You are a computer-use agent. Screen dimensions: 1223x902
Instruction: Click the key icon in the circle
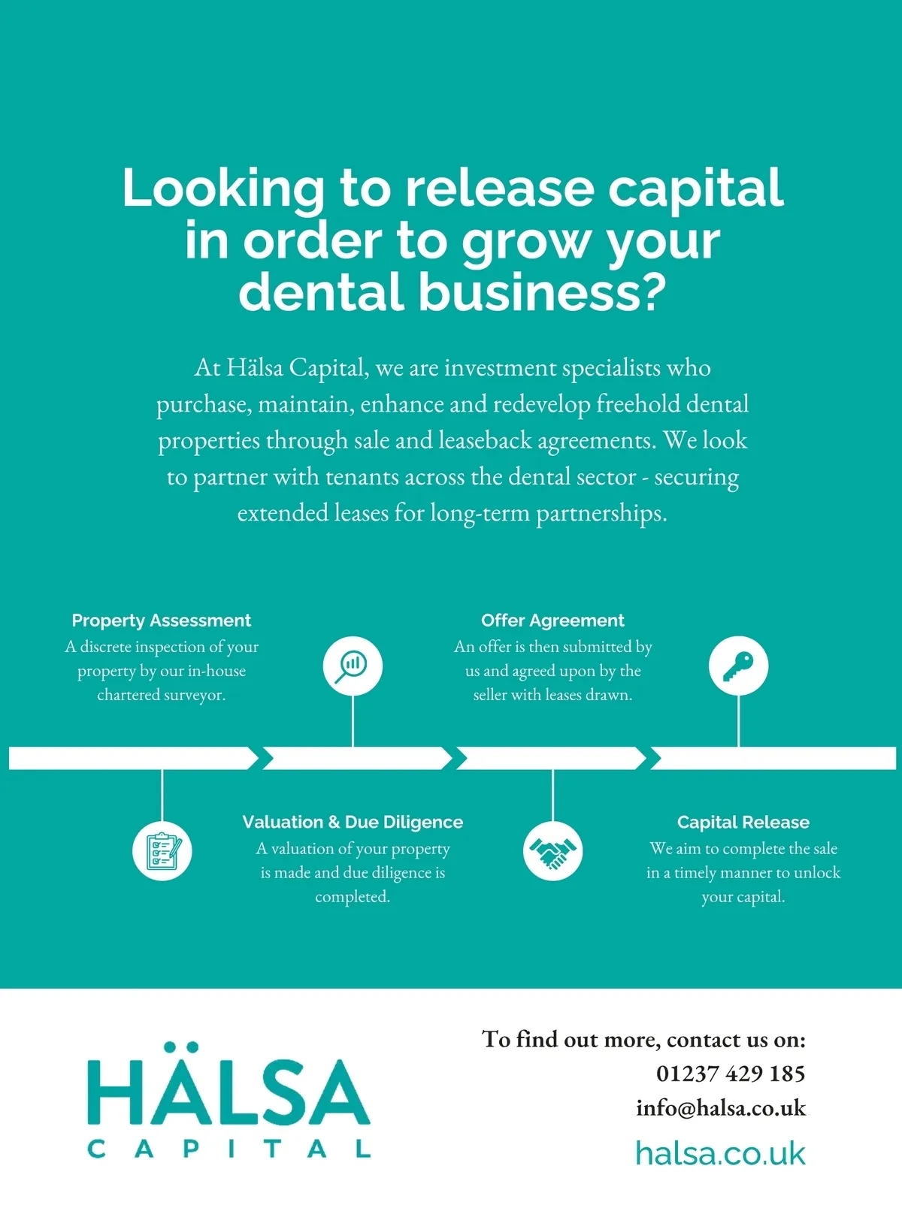point(738,666)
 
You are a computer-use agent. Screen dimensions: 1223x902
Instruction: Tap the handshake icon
point(552,850)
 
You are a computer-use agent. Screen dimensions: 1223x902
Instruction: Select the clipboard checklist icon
point(162,850)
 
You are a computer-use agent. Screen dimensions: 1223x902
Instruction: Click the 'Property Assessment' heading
point(161,621)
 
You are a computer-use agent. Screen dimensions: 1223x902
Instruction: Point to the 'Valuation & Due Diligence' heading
point(353,822)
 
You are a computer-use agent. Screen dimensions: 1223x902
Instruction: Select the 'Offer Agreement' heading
point(552,621)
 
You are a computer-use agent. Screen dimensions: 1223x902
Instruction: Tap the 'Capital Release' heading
point(743,822)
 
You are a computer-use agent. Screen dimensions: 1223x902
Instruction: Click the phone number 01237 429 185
point(730,1074)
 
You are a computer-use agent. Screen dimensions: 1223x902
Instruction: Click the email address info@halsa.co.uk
point(720,1108)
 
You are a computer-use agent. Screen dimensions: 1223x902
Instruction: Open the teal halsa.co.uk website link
point(719,1154)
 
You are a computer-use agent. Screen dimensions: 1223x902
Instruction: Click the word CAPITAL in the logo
point(229,1149)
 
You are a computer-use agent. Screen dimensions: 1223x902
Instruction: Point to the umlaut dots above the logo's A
point(180,1046)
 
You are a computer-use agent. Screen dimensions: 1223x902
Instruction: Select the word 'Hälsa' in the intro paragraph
point(255,368)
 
